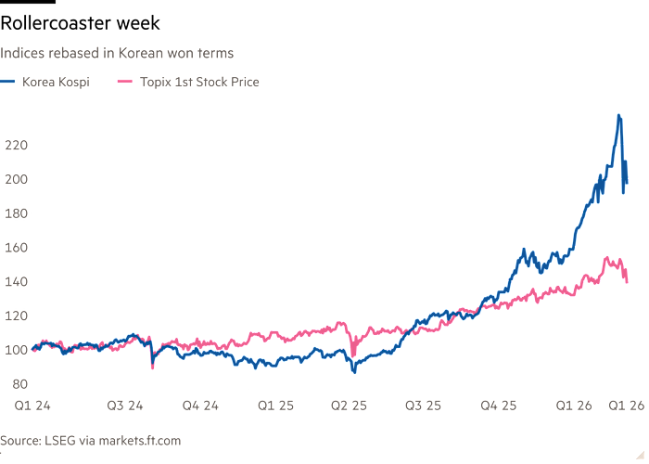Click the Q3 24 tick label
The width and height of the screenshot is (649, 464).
123,406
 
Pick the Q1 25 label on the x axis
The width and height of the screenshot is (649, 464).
275,406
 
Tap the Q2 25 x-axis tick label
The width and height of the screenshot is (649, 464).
350,406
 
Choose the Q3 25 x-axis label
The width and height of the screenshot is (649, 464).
425,406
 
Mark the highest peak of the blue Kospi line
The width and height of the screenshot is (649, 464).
618,116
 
